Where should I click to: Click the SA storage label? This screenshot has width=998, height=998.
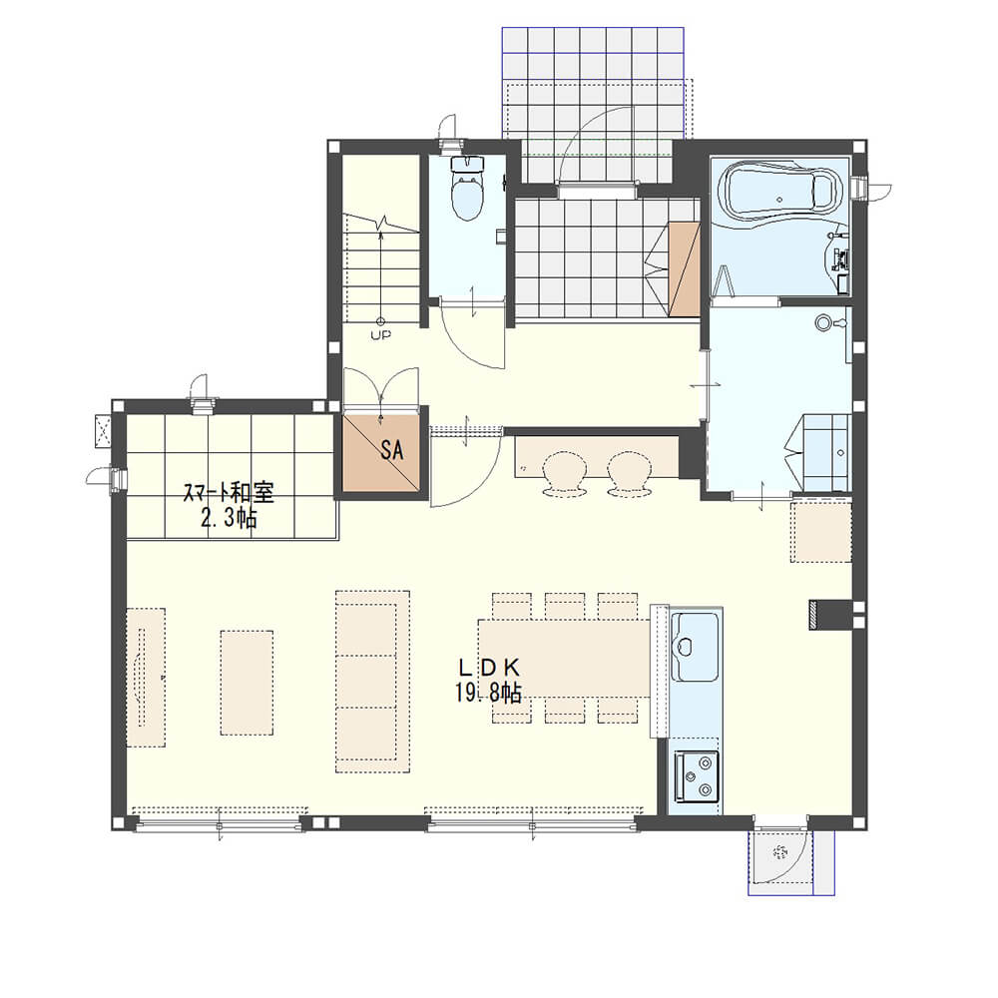[x=391, y=451]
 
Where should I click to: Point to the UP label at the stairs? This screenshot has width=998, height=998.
[x=381, y=334]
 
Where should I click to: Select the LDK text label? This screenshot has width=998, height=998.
[x=489, y=667]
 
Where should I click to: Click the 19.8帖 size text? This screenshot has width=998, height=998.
[x=489, y=692]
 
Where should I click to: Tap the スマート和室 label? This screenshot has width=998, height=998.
[x=229, y=493]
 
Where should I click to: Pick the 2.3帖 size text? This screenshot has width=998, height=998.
[x=229, y=518]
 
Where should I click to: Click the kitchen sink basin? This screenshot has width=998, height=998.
[x=696, y=646]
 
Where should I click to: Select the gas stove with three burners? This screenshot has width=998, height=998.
[x=697, y=775]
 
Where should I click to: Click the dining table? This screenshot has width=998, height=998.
[x=564, y=658]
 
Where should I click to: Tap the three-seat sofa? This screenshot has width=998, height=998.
[x=372, y=682]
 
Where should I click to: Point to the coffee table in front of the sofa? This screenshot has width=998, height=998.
[x=247, y=683]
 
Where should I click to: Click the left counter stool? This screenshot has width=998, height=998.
[x=564, y=473]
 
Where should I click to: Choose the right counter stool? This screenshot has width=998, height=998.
[x=629, y=473]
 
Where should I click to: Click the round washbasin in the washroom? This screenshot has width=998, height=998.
[x=823, y=322]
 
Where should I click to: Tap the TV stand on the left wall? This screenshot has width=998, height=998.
[x=146, y=678]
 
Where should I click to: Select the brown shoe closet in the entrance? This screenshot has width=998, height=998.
[x=684, y=268]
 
